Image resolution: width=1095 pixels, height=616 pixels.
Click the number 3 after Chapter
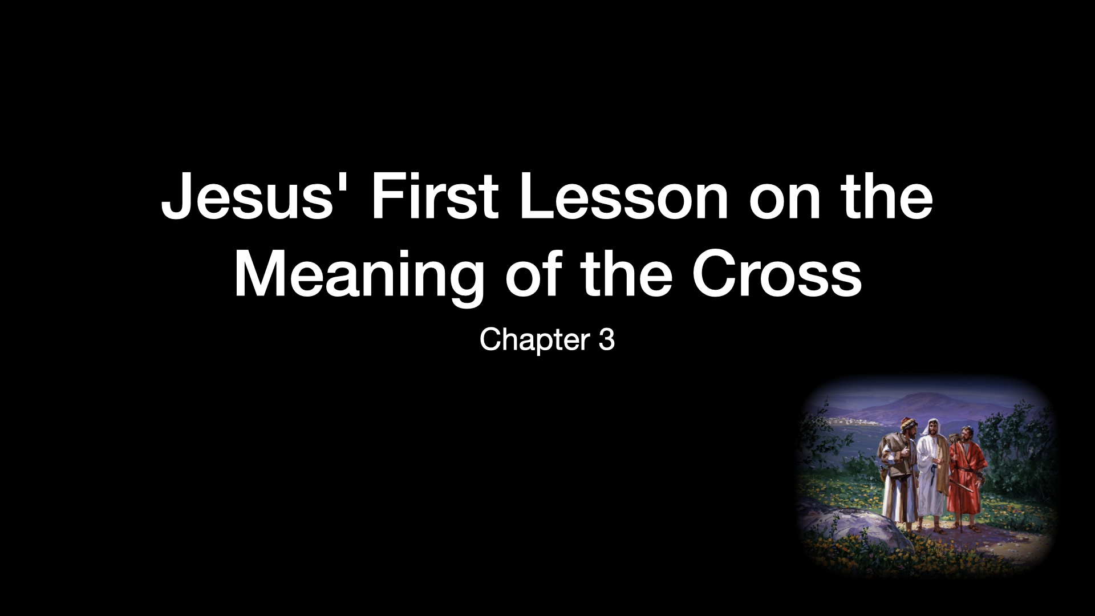point(607,340)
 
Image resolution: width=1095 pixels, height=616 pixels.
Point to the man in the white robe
point(931,473)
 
